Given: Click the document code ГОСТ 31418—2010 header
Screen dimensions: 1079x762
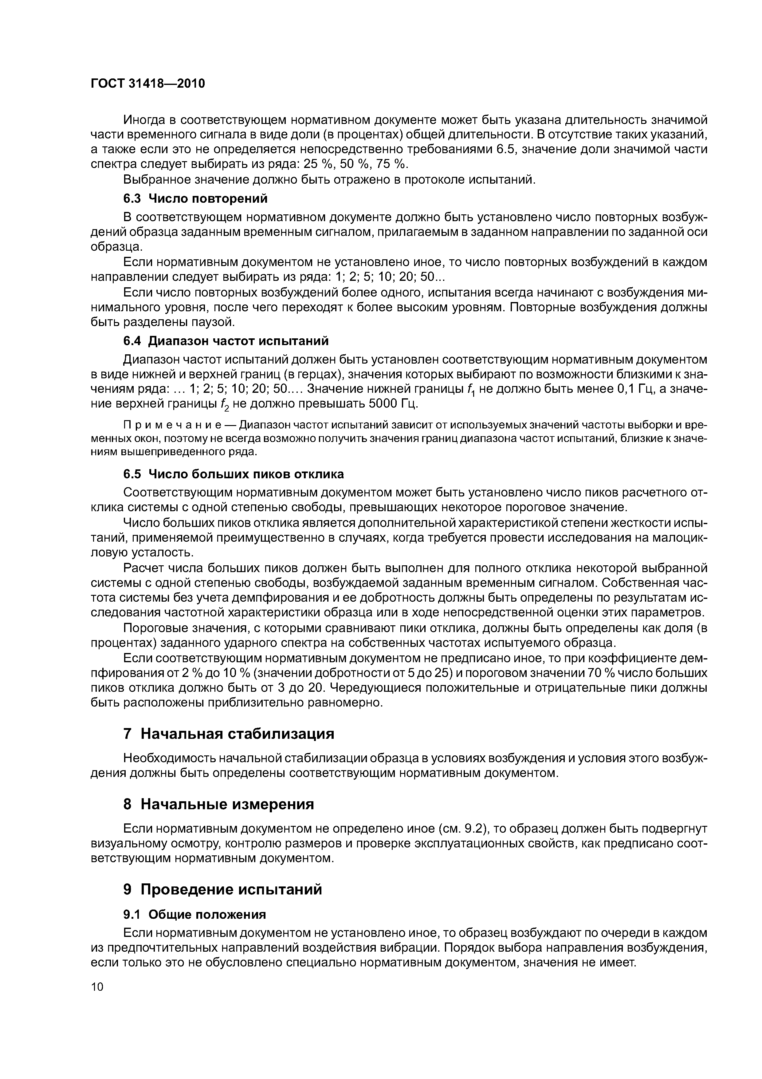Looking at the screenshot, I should (148, 84).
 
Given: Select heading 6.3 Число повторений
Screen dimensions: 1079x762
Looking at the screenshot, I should (195, 199).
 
